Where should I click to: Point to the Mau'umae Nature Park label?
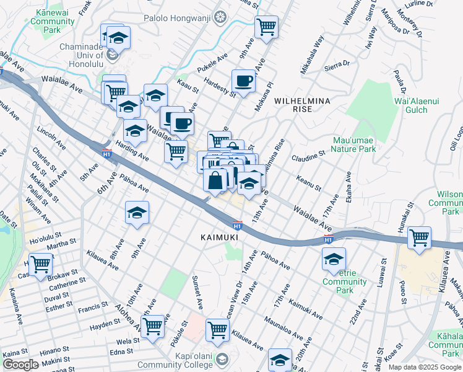(x=353, y=144)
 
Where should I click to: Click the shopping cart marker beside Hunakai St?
(x=420, y=237)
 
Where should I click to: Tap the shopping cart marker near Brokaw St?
(x=41, y=264)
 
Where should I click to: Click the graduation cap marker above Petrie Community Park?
(x=334, y=259)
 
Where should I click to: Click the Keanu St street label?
(x=308, y=184)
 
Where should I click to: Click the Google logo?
(x=20, y=365)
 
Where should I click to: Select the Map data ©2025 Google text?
(x=425, y=367)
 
